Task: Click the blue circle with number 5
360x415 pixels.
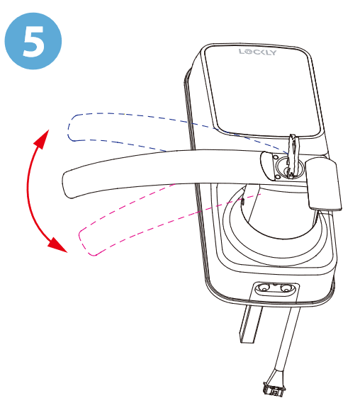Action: (x=33, y=41)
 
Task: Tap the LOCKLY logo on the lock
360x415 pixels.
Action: (x=257, y=52)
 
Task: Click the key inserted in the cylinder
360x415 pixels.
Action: (x=292, y=155)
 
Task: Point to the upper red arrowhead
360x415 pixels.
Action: (x=43, y=138)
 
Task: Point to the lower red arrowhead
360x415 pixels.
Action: (x=57, y=245)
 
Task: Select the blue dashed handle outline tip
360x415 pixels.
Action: (x=69, y=127)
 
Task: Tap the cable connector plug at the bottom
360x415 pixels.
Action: (x=274, y=388)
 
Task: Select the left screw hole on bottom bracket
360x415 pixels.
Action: (x=264, y=288)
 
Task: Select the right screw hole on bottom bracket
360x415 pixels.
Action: (x=286, y=288)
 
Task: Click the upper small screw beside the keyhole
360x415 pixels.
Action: (x=275, y=157)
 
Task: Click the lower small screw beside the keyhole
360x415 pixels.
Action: (x=278, y=177)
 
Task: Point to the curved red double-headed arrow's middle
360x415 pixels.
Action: (x=28, y=191)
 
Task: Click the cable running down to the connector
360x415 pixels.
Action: (x=287, y=341)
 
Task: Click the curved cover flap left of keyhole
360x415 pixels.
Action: (x=266, y=166)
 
